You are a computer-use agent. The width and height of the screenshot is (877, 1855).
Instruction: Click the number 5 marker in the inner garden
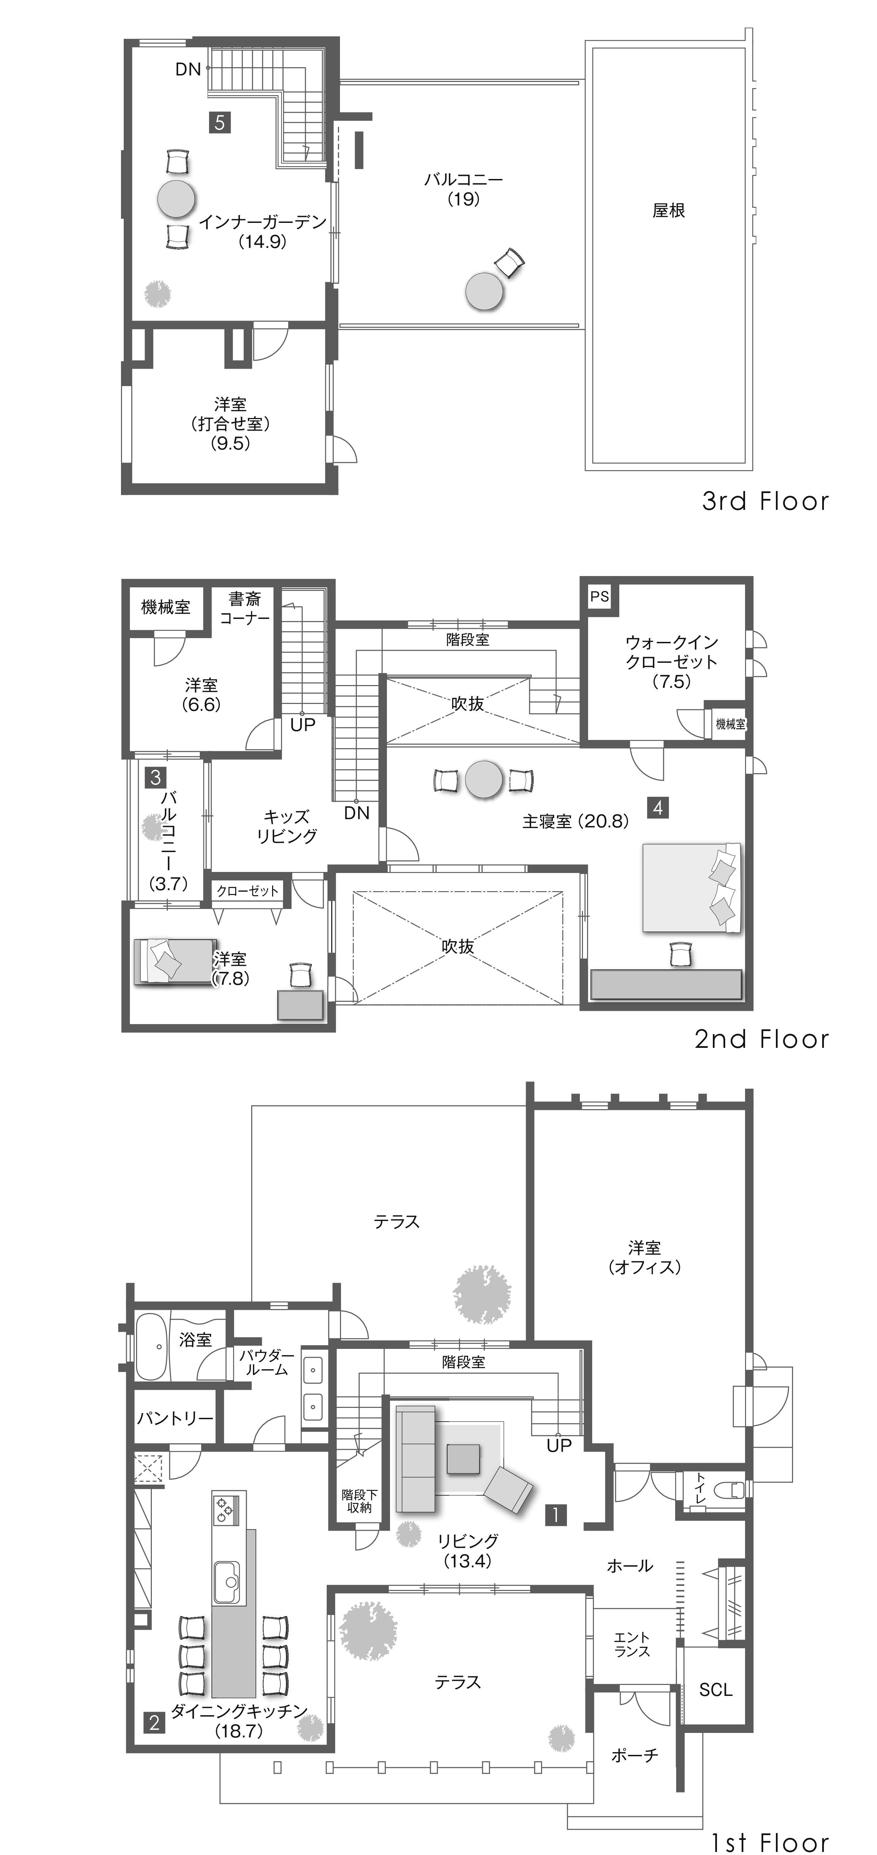click(220, 122)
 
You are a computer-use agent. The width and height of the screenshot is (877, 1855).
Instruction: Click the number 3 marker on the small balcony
click(156, 777)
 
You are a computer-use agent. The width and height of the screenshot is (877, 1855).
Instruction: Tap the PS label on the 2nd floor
click(599, 596)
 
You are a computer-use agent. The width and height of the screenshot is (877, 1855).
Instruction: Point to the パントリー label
click(175, 1418)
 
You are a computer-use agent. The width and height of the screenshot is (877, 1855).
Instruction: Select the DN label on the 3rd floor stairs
click(188, 69)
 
